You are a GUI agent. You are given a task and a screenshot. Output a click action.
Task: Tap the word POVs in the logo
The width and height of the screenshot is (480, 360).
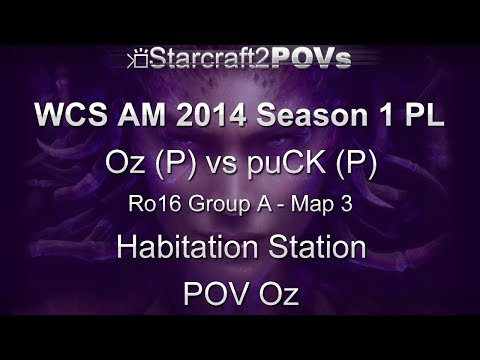[313, 60]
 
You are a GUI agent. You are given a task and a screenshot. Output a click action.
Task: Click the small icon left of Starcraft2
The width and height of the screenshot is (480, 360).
[139, 61]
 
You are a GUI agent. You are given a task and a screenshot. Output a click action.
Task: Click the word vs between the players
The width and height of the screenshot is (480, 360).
[233, 163]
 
